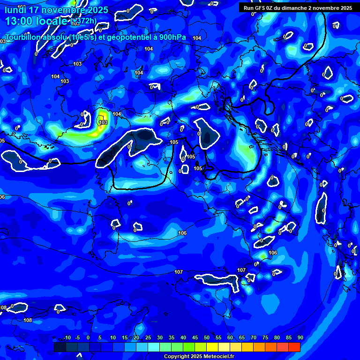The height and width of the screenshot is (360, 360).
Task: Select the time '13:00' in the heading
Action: coord(18,22)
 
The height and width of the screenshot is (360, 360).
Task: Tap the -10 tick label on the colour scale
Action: coord(67,338)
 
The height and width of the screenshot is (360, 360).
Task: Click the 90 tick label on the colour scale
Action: coord(300,338)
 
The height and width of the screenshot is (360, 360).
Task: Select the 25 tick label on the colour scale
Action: coord(148,338)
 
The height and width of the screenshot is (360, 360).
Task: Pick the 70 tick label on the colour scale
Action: coord(253,338)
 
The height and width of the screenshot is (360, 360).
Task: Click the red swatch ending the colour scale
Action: coord(294,347)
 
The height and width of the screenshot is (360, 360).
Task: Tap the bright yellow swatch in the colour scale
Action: coord(212,347)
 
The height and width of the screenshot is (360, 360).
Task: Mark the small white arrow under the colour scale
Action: coord(79,347)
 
